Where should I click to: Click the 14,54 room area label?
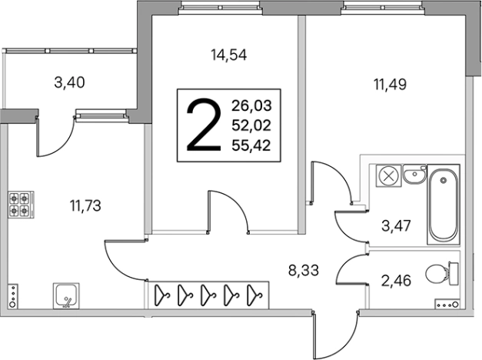(x=229, y=55)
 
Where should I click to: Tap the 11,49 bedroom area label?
(x=390, y=84)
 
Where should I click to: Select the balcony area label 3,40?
(x=69, y=82)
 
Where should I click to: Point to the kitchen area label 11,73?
(x=85, y=205)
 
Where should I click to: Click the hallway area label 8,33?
(x=304, y=271)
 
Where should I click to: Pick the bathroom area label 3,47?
(x=396, y=226)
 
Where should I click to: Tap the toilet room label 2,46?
(x=396, y=281)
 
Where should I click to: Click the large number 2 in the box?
(x=204, y=125)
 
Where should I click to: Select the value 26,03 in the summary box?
(x=251, y=106)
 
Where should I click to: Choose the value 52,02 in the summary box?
(x=251, y=125)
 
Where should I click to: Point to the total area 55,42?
(x=251, y=145)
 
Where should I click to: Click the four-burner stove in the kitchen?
(x=21, y=205)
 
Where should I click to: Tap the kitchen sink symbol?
(x=66, y=295)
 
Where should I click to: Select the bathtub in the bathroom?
(x=444, y=205)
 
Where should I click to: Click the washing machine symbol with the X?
(x=388, y=177)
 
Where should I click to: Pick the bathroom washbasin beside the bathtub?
(x=414, y=174)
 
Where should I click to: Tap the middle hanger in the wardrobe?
(x=208, y=295)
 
